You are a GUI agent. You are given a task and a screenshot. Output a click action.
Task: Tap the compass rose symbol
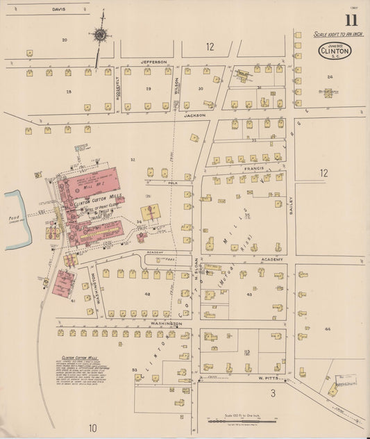coord(101,35)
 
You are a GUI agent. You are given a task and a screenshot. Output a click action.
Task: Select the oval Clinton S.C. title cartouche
coord(335,51)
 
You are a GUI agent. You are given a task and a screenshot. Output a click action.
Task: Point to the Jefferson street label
coord(154,62)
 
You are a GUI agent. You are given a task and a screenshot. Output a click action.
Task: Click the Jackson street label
coord(195,115)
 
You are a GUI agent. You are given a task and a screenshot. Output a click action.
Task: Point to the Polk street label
coord(176,184)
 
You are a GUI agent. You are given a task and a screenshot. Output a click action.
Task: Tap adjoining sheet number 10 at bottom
coord(93,426)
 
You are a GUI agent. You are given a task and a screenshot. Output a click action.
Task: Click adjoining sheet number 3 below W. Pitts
coord(273,393)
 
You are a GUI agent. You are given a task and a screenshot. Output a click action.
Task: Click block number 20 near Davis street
coord(65,40)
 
